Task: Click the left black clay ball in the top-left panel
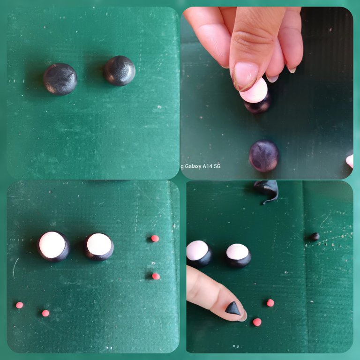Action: [x=60, y=79]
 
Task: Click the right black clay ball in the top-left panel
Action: [x=120, y=71]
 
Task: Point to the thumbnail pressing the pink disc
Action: [x=245, y=76]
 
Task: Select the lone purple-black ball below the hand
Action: [x=264, y=156]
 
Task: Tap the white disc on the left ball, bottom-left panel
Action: [x=52, y=245]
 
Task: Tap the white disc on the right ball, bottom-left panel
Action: [x=99, y=244]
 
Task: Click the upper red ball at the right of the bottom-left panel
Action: [x=155, y=239]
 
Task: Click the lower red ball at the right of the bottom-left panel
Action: [x=156, y=276]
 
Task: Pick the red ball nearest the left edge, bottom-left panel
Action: [x=20, y=305]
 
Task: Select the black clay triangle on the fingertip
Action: [x=233, y=308]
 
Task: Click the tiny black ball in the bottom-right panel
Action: [x=315, y=236]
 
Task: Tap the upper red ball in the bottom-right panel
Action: [x=270, y=303]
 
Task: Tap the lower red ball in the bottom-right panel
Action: [x=257, y=322]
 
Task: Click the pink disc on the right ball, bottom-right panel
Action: [x=237, y=252]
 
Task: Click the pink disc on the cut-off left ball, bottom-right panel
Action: [x=197, y=250]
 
